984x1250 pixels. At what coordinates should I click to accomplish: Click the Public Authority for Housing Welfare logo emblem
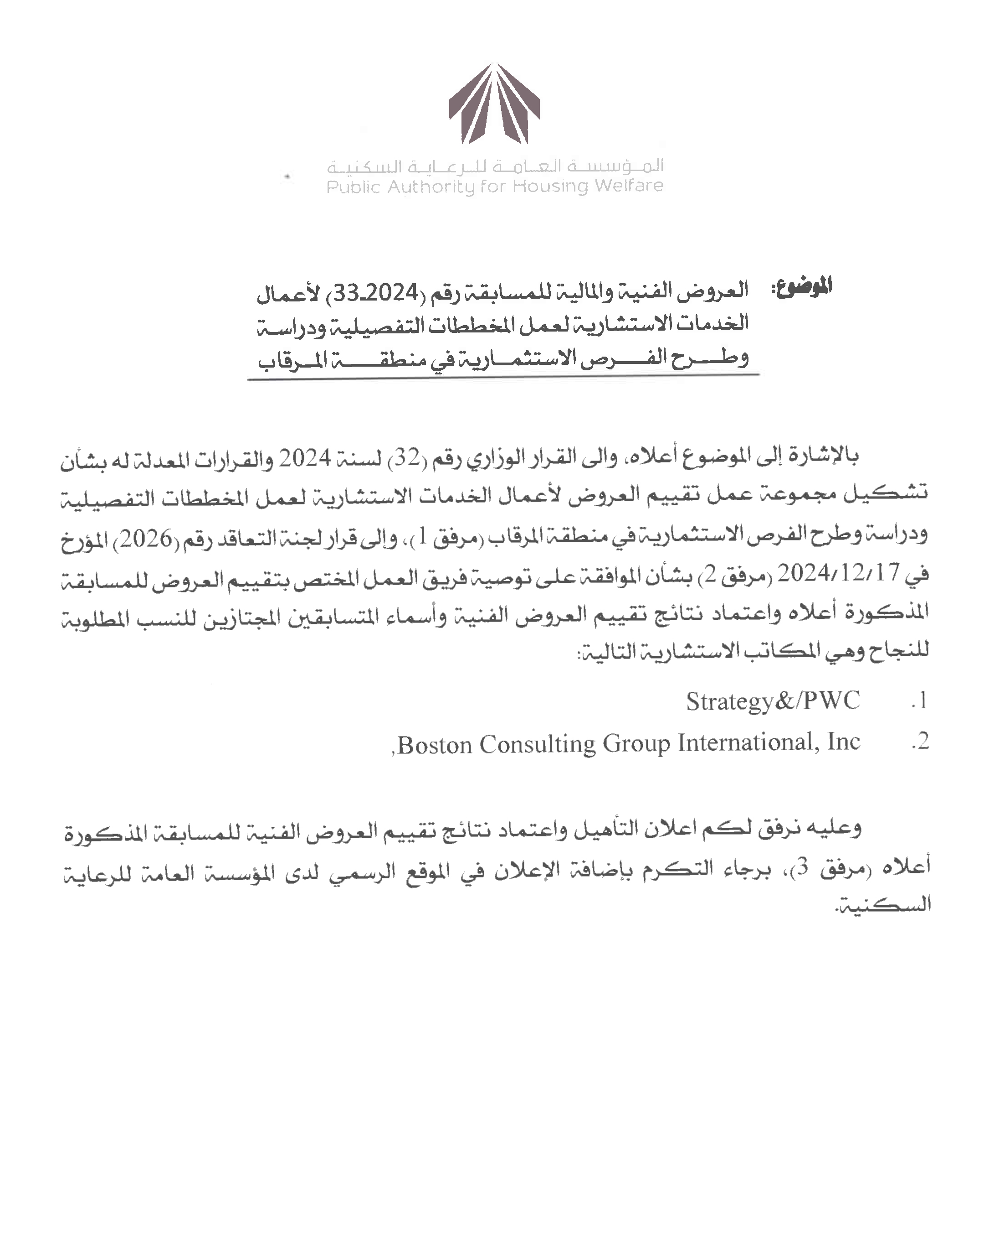[494, 104]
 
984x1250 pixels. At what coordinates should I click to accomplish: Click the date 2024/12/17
[838, 573]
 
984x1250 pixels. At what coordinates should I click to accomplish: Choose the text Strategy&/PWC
[773, 701]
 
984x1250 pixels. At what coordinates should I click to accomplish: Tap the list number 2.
[919, 742]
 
